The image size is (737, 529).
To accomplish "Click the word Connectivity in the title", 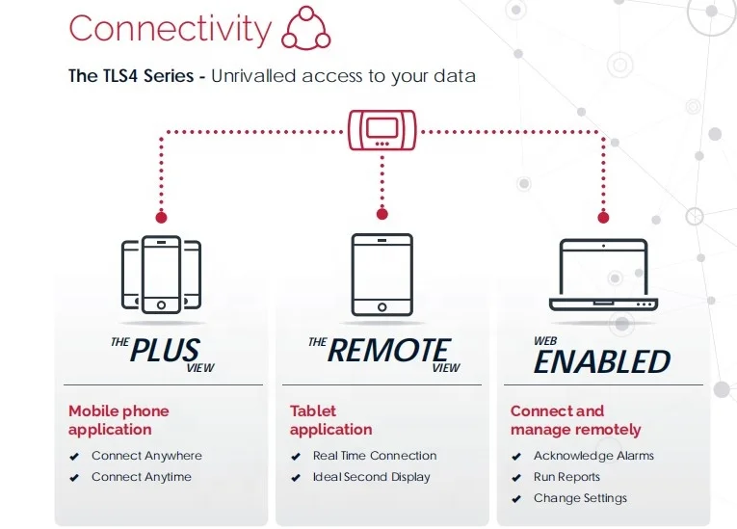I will coord(170,29).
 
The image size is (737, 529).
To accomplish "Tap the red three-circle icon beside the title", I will coord(305,29).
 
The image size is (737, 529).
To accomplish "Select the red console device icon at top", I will coord(382,130).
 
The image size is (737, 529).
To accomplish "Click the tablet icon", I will coord(382,275).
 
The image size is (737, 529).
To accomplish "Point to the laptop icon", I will coord(604,276).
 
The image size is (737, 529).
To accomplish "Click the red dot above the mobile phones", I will coord(161,217).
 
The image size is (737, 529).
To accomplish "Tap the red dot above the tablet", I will coord(382,213).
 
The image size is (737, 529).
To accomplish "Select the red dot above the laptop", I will coord(604,217).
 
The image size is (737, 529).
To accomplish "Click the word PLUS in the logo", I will coord(165,351).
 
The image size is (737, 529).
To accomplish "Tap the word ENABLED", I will coord(602,361).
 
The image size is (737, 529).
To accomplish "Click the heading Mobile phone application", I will coord(118,420).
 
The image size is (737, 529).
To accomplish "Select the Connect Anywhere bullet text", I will coord(146,456).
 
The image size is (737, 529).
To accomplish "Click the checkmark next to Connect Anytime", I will coord(74,478).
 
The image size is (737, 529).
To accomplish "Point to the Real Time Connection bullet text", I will coord(375,456).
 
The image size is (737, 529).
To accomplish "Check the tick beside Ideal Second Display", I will coord(296,478).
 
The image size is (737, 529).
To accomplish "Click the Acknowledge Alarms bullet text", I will coord(593,456).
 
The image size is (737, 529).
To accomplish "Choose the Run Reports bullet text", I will coord(566,477).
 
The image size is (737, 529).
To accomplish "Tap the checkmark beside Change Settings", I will coord(516,499).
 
